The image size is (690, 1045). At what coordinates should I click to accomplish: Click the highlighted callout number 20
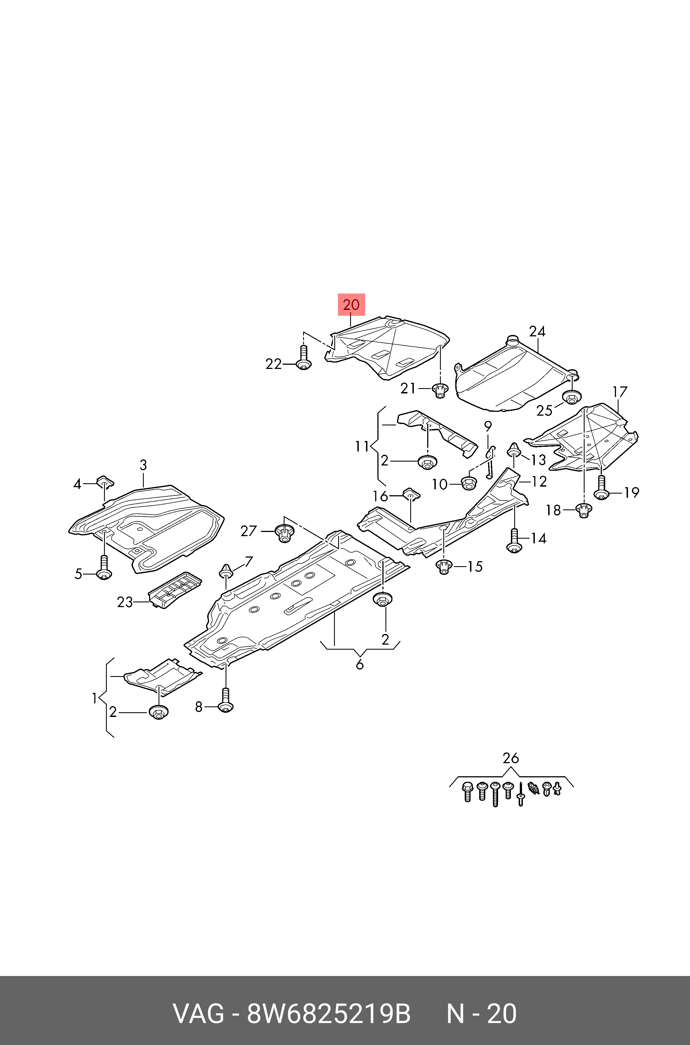click(351, 305)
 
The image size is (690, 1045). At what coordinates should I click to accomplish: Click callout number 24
click(537, 331)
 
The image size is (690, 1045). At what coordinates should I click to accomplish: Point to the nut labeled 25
click(572, 398)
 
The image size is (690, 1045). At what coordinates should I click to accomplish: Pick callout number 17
click(620, 391)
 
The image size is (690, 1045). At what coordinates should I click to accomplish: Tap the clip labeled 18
click(583, 511)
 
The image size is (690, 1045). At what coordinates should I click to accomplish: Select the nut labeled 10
click(469, 483)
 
